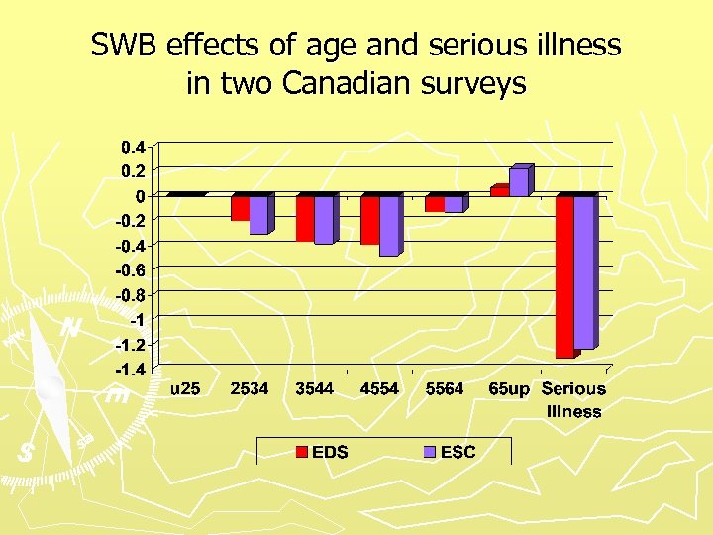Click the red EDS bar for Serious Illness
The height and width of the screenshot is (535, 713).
click(563, 275)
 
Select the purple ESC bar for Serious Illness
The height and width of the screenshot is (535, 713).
click(583, 271)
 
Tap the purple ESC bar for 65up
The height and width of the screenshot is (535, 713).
click(518, 182)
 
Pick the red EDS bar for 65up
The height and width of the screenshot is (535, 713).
click(499, 191)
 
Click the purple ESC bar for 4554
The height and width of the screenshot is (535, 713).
click(388, 226)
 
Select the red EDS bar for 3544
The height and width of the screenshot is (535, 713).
click(304, 218)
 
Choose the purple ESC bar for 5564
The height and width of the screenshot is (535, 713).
click(453, 204)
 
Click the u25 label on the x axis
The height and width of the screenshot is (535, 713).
click(184, 389)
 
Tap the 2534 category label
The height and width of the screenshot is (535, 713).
click(249, 389)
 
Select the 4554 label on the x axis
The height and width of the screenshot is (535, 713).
click(379, 389)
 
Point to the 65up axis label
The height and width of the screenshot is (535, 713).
click(509, 389)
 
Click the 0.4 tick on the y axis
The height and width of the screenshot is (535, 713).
click(133, 147)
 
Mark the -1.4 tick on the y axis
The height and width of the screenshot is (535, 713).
click(129, 370)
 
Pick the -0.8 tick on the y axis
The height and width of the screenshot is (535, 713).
click(129, 295)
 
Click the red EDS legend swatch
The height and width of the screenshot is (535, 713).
click(301, 452)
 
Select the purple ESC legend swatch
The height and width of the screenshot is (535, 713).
click(429, 452)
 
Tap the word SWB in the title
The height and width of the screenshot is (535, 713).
click(127, 46)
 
